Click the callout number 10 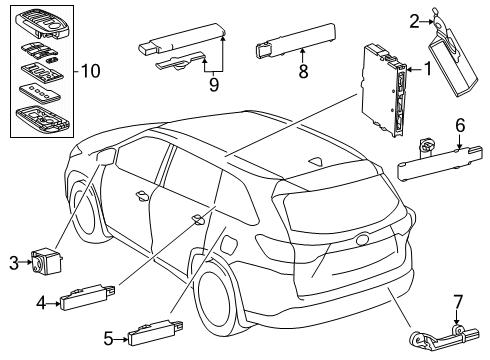pos(90,71)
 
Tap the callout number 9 pos(214,85)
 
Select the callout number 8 pos(303,71)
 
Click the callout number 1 pos(427,69)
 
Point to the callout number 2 pos(414,22)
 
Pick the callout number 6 pos(460,126)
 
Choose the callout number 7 pos(458,303)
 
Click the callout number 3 pos(14,263)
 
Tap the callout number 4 pos(41,303)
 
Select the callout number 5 pos(108,339)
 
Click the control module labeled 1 pos(384,89)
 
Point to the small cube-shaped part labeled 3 pos(47,260)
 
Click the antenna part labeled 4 pos(87,297)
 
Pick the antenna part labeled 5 pos(156,332)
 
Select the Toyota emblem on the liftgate pos(363,240)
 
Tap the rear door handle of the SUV pos(198,219)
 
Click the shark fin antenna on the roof pos(316,161)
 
